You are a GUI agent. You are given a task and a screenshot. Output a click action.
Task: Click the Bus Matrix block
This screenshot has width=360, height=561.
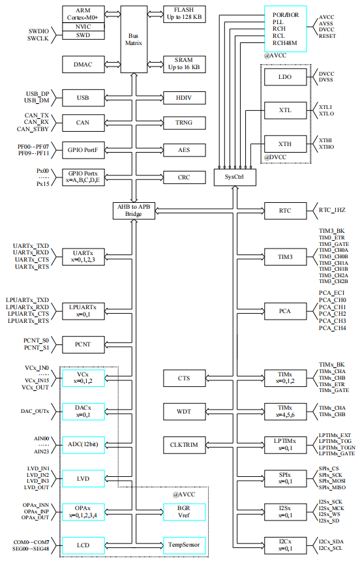click(x=134, y=39)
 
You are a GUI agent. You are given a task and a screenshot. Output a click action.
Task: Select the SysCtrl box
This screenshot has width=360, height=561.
click(x=235, y=177)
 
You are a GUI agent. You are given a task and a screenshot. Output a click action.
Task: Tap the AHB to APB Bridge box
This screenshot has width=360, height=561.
click(x=134, y=210)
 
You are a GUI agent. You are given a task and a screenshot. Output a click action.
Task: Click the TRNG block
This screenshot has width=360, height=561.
click(x=185, y=123)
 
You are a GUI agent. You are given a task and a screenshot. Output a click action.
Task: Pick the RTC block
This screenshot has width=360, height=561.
click(x=285, y=211)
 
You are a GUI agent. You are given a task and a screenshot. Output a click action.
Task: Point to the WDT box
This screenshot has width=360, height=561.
click(x=185, y=412)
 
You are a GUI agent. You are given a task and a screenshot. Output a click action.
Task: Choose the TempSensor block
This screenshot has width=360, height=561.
click(x=185, y=545)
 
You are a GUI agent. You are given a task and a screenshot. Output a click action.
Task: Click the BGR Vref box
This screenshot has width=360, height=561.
click(x=185, y=512)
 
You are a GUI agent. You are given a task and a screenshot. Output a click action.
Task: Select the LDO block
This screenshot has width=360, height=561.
click(x=285, y=77)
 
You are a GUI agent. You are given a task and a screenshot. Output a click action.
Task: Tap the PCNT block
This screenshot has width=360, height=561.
click(x=83, y=344)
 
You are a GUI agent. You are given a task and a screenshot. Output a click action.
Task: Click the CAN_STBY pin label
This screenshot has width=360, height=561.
click(x=33, y=129)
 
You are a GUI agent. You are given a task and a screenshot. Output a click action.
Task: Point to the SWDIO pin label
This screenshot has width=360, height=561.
click(x=38, y=31)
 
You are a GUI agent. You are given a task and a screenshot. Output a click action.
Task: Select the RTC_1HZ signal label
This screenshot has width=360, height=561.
click(x=332, y=210)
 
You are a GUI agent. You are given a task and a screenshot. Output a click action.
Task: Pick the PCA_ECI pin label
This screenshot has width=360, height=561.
click(x=332, y=293)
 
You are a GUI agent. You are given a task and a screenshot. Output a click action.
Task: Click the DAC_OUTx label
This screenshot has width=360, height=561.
click(x=35, y=412)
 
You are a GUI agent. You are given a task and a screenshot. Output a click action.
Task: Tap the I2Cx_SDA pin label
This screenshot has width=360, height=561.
click(x=331, y=541)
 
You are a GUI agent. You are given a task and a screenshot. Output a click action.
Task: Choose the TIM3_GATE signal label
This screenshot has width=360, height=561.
click(x=334, y=244)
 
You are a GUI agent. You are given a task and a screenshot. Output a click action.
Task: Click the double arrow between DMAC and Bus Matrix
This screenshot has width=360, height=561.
click(x=113, y=65)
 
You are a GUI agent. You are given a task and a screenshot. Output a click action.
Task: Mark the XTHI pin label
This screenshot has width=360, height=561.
click(x=325, y=140)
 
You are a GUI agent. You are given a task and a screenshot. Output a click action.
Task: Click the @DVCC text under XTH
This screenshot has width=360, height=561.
click(x=275, y=157)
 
